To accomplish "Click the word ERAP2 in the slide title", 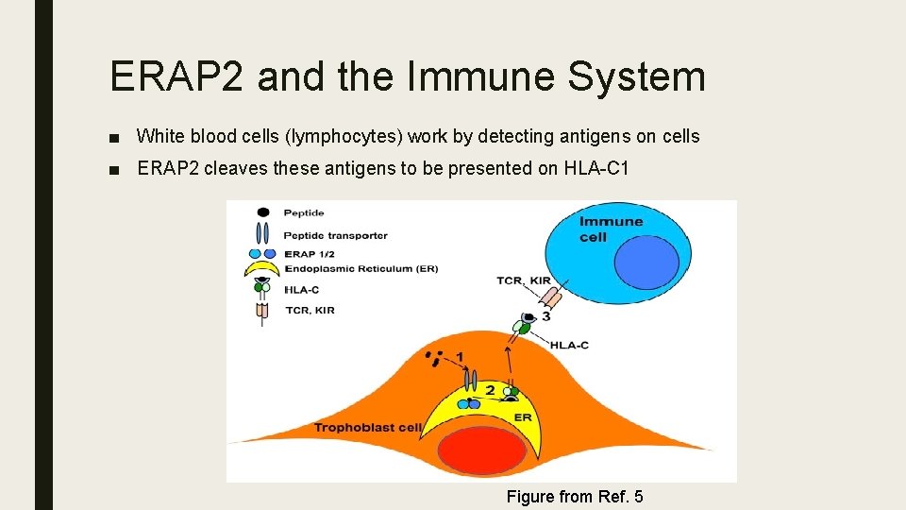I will (x=177, y=76).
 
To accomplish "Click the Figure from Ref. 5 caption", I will (x=575, y=496).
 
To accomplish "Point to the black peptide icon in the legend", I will (x=263, y=212).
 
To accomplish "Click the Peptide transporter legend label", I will (x=335, y=235).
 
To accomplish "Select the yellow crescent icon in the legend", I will (x=262, y=269).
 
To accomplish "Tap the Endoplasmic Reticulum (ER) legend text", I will (x=361, y=269).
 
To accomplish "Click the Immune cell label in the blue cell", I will (x=611, y=229).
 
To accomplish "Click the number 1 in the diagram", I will (x=460, y=356).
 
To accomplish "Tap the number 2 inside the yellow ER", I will (x=490, y=389).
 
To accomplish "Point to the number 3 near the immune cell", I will (x=546, y=316).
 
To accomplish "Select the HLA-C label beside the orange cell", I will (x=569, y=345).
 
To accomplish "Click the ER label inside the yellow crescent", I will (x=522, y=416).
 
